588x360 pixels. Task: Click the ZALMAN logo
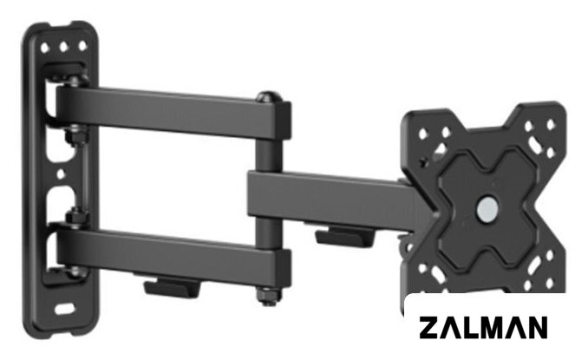(483, 327)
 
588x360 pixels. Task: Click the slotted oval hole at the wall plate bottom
(64, 309)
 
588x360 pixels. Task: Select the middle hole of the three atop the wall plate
(63, 47)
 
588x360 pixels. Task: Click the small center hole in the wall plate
(61, 174)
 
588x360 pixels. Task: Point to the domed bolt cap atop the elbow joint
(269, 97)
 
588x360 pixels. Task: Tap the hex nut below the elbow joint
(268, 296)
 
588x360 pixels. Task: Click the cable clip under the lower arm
(172, 286)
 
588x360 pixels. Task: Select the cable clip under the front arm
(344, 236)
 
